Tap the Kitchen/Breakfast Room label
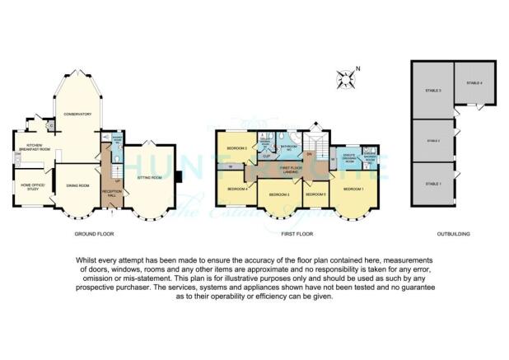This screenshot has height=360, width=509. pyautogui.click(x=28, y=151)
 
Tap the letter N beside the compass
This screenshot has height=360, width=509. pyautogui.click(x=357, y=68)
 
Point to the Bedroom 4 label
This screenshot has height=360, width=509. pyautogui.click(x=237, y=189)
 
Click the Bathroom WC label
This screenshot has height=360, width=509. pyautogui.click(x=288, y=147)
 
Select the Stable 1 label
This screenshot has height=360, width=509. pyautogui.click(x=433, y=183)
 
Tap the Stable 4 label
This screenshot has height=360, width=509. pyautogui.click(x=474, y=83)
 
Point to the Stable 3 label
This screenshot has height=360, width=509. pyautogui.click(x=433, y=91)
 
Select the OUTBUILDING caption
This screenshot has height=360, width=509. pyautogui.click(x=453, y=235)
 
